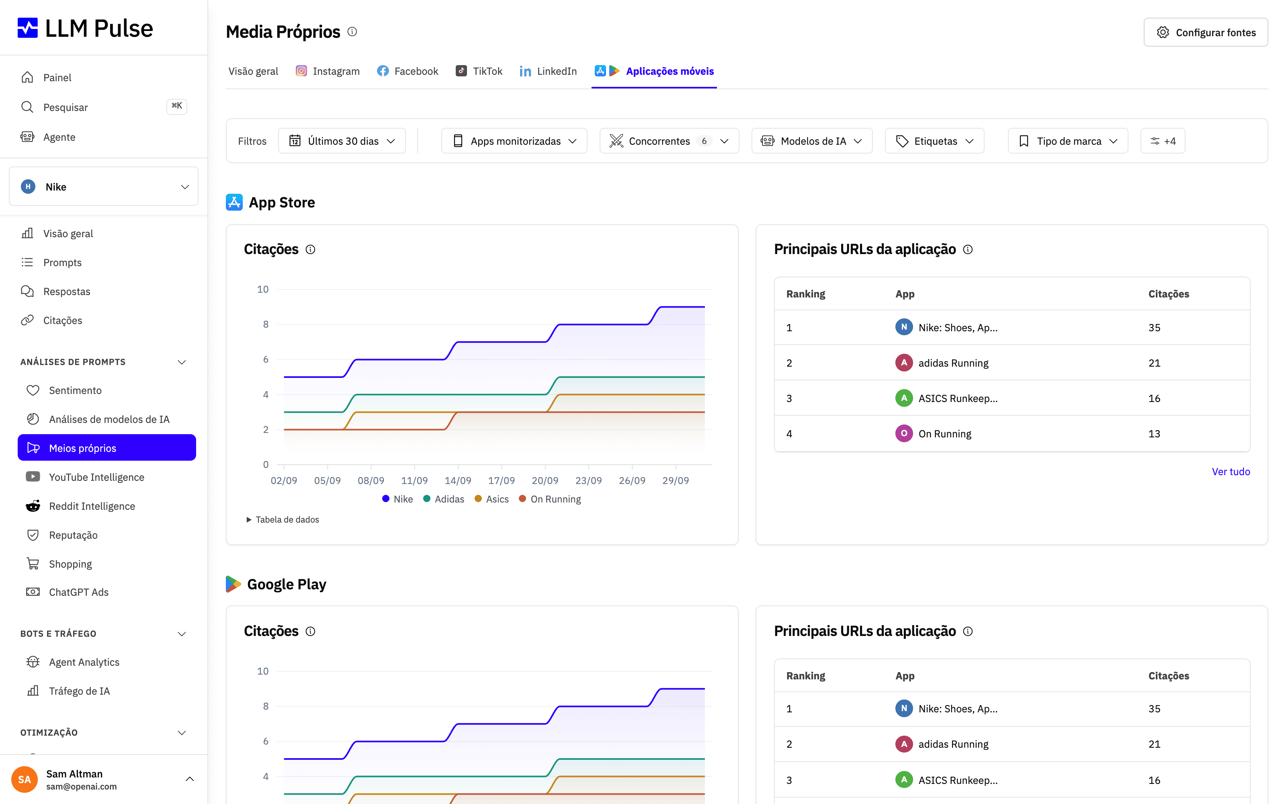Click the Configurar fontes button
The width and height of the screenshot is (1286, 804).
[x=1205, y=33]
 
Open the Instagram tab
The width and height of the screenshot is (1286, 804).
[x=328, y=71]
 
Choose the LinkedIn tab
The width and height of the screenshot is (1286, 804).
[x=548, y=71]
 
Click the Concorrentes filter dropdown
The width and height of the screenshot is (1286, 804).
[x=669, y=141]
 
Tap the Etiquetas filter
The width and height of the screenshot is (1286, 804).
[x=934, y=141]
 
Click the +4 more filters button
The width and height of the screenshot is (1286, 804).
[x=1163, y=141]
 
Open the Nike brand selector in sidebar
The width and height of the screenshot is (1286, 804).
[x=104, y=187]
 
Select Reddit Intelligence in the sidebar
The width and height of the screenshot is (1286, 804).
[x=92, y=506]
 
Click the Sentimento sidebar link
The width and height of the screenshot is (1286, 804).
[x=75, y=390]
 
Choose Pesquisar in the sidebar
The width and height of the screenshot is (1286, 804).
[x=66, y=107]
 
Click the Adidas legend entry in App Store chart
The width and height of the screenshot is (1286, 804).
[x=444, y=499]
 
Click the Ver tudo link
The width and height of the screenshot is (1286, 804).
[x=1231, y=472]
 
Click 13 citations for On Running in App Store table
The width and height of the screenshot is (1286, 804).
[x=1154, y=434]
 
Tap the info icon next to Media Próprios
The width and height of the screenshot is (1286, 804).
[x=352, y=32]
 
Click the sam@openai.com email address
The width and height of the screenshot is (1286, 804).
[x=81, y=786]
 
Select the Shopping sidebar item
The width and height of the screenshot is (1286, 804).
[x=70, y=564]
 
